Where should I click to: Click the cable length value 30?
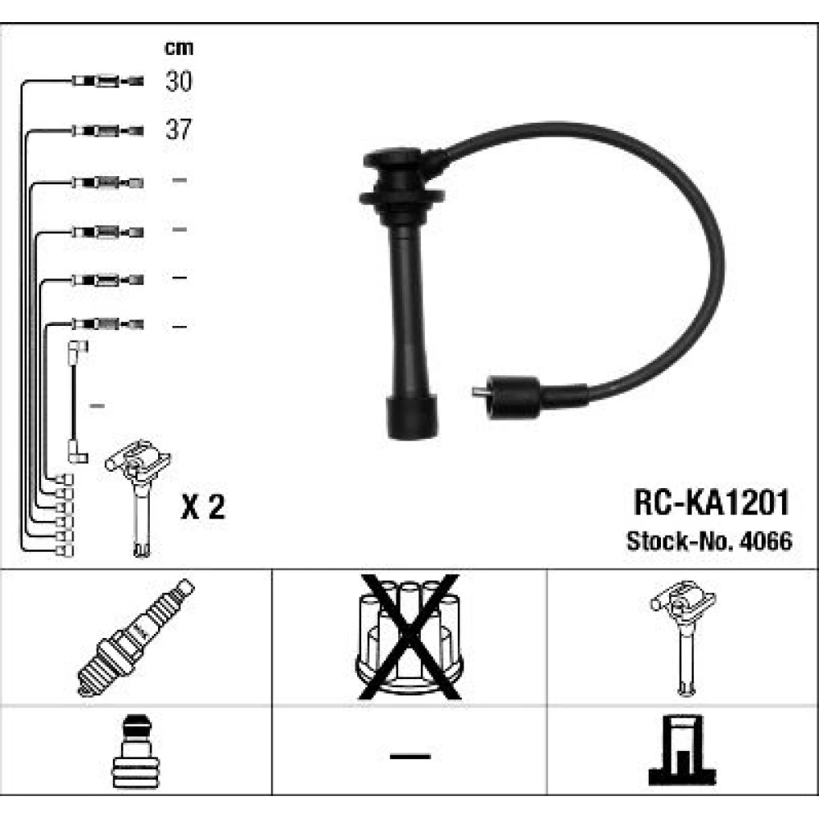point(179,81)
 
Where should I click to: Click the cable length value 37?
point(179,129)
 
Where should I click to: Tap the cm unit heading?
point(179,48)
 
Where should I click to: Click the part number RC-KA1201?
point(711,503)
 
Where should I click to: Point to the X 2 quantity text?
point(202,506)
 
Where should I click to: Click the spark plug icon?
point(135,638)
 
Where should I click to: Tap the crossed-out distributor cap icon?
point(409,636)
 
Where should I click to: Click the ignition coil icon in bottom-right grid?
point(683,637)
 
